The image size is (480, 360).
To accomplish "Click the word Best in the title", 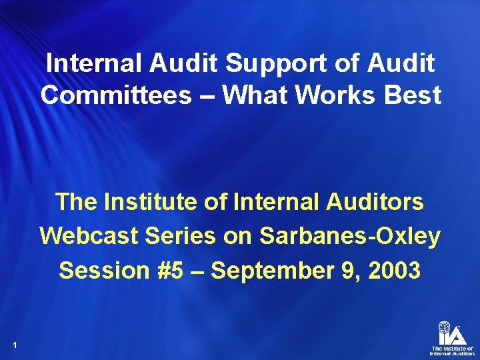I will (415, 95).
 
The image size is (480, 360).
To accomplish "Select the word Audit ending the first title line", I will (402, 63).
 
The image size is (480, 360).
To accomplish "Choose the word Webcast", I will (86, 235).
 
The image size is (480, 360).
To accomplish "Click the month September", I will (281, 270).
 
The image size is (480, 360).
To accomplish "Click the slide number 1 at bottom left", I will (14, 345).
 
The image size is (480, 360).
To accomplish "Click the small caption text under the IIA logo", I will (452, 351).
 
